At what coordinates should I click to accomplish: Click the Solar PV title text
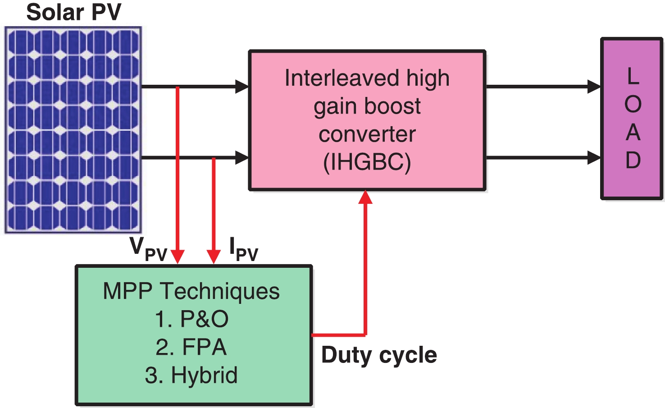coord(74,12)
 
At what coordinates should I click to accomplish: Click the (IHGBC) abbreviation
coord(367,162)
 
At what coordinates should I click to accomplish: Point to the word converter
coord(367,134)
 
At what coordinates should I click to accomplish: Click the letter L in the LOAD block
coord(633,76)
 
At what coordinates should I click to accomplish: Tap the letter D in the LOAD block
coord(633,160)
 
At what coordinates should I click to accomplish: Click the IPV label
coord(243,249)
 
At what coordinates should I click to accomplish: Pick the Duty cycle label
coord(379,355)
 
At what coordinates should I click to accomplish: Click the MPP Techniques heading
coord(191,291)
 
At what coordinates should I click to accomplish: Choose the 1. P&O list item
coord(191,319)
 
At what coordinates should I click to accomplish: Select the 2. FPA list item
coord(191,347)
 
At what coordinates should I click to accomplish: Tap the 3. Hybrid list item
coord(191,375)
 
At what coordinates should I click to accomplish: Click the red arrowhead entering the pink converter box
coord(365,197)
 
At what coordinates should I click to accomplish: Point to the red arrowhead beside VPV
coord(178,257)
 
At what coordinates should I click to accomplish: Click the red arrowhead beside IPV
coord(214,257)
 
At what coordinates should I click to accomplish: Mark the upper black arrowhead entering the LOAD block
coord(594,86)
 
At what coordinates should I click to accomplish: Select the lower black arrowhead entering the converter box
coord(242,157)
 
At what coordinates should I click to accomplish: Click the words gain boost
coord(367,106)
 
